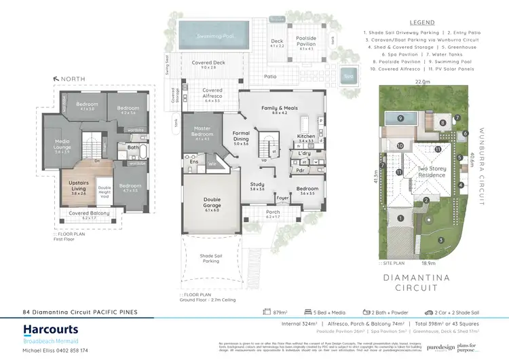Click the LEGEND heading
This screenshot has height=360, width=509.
423,22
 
